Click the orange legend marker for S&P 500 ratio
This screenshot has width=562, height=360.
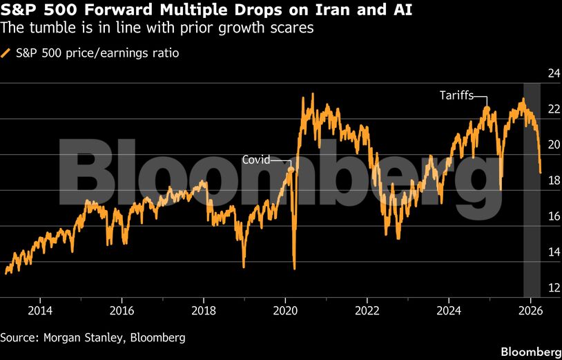click(6, 53)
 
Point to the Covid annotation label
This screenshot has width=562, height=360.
click(256, 160)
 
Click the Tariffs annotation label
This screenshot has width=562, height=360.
click(456, 95)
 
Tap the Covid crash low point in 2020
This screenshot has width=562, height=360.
click(295, 268)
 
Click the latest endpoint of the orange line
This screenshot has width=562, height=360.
click(540, 173)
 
